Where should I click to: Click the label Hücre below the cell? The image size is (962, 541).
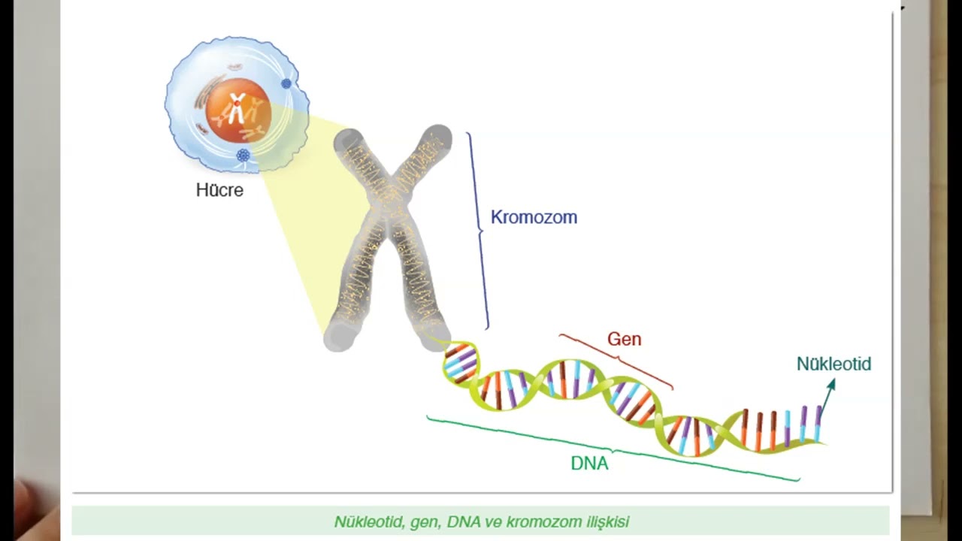(x=219, y=190)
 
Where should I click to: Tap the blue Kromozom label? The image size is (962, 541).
(x=534, y=217)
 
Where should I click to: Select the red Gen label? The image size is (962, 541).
(x=624, y=339)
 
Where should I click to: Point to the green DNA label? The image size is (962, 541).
(x=589, y=464)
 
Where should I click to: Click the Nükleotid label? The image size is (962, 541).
(x=833, y=364)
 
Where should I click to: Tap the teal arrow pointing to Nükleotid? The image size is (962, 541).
(x=826, y=399)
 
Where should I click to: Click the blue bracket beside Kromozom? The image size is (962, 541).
(x=479, y=229)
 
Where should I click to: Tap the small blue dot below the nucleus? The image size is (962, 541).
(x=243, y=156)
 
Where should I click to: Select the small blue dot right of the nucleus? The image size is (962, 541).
(x=286, y=83)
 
